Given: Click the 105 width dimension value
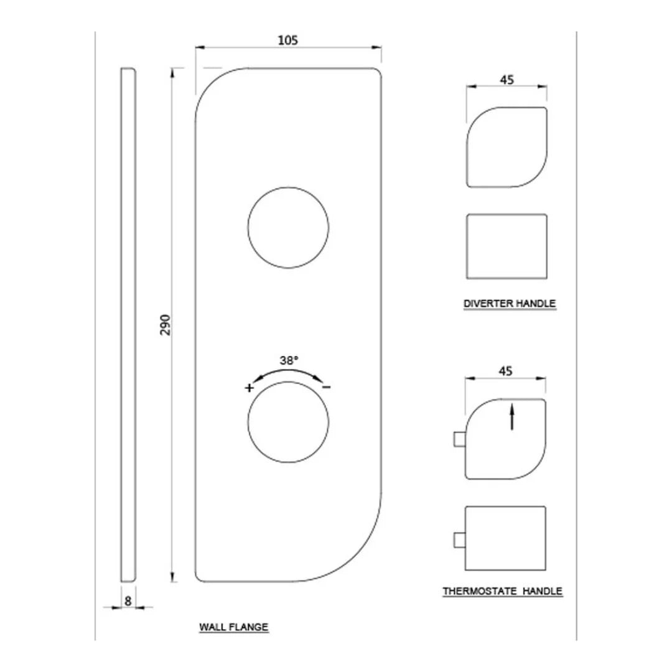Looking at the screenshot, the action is [287, 40].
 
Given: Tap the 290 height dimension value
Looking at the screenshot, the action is [166, 325].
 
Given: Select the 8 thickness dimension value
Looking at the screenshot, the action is [128, 601].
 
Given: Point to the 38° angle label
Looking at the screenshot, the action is [289, 360].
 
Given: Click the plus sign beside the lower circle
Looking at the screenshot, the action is [249, 388].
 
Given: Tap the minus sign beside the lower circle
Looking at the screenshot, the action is [327, 388].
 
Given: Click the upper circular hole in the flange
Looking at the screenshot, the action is [289, 187].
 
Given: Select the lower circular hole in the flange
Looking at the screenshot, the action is [289, 382].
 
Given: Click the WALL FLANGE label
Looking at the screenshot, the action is [233, 627].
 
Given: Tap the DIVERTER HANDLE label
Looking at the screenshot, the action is [510, 304].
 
